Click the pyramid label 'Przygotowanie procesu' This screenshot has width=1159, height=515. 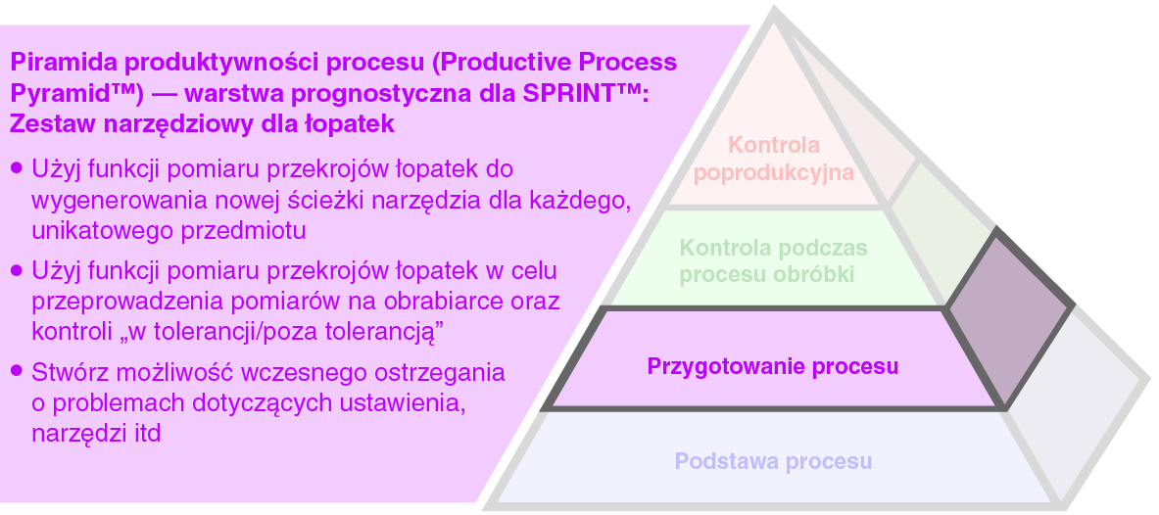click(x=772, y=366)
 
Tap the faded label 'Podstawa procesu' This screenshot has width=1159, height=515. click(x=773, y=461)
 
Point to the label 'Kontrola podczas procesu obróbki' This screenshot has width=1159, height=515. click(x=774, y=260)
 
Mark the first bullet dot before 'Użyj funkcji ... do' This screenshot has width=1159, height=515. click(x=17, y=168)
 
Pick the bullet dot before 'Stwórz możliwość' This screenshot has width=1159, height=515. click(x=17, y=372)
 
